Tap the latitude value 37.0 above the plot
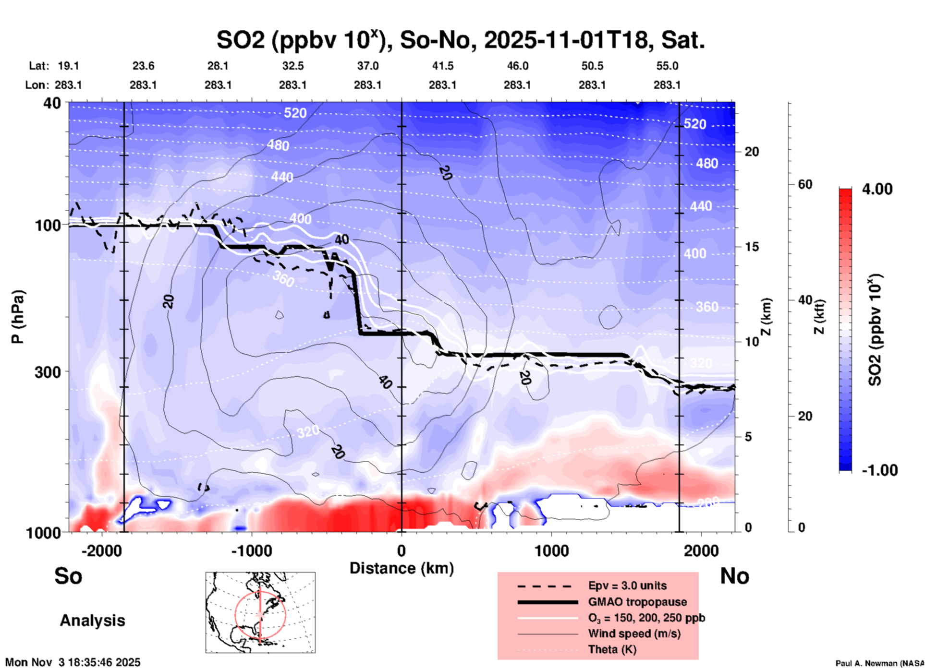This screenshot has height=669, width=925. tap(367, 66)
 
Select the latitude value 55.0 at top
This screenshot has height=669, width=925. tap(667, 66)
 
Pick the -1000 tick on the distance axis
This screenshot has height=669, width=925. tap(252, 551)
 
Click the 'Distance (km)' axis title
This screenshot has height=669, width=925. tap(402, 568)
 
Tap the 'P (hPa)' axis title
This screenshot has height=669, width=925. tap(18, 317)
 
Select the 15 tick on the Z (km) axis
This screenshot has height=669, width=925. tap(752, 247)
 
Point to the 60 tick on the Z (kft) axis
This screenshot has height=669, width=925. tap(805, 184)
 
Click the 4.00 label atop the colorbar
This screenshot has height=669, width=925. tap(877, 189)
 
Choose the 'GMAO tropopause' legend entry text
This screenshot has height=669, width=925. tap(637, 602)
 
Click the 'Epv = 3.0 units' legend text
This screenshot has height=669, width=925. tap(627, 585)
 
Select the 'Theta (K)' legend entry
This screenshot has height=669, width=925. tap(612, 649)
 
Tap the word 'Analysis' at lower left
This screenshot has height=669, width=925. tap(92, 621)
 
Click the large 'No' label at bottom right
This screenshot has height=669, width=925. tap(734, 576)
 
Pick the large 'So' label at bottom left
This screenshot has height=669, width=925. tap(68, 576)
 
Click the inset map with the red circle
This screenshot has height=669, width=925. tap(260, 612)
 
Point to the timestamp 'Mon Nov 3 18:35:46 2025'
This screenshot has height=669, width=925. tap(73, 662)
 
